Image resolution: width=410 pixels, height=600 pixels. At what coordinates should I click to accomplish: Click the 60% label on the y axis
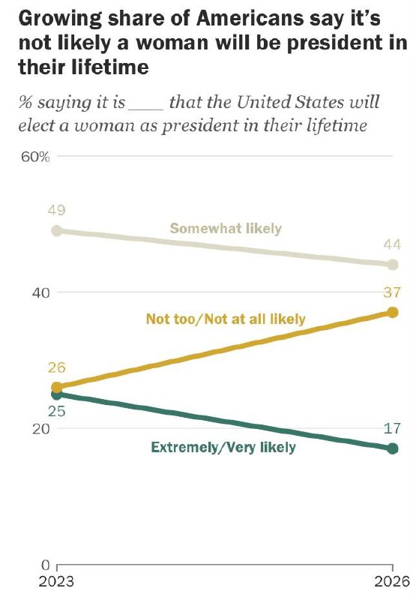coord(35,157)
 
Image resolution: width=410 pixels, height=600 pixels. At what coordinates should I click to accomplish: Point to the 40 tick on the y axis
coord(41,293)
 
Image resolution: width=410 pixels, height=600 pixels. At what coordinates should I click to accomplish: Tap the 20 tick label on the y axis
coord(41,429)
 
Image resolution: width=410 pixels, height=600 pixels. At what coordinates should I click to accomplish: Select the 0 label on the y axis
coord(46,565)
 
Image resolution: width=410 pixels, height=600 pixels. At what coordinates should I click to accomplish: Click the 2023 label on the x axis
coord(56,582)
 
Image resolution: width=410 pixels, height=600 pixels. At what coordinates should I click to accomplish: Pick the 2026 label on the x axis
coord(392,582)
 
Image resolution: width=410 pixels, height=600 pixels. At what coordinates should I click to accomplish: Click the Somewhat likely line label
coord(226,229)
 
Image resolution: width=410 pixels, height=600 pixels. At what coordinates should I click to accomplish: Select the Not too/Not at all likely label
coord(226,319)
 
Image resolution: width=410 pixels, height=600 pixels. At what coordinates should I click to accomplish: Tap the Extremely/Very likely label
coord(223,447)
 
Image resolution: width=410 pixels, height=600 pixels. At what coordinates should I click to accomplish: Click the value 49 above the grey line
coord(57,210)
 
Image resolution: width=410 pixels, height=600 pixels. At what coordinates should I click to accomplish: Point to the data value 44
coord(393,244)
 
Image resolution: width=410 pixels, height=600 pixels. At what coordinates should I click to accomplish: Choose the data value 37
coord(393,292)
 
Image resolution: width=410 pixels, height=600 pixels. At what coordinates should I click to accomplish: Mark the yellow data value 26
coord(57,367)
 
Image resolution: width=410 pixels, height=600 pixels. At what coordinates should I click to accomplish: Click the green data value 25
coord(57,411)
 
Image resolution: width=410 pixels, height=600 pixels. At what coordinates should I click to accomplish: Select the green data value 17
coord(393,428)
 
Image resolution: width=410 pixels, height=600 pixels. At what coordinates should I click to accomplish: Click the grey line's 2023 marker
coord(57,231)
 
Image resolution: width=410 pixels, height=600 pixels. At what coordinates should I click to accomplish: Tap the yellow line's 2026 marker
coord(393,313)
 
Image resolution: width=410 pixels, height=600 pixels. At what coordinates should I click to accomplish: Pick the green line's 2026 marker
coord(393,448)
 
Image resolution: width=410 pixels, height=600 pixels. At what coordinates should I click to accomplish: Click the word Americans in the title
coord(250,18)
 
